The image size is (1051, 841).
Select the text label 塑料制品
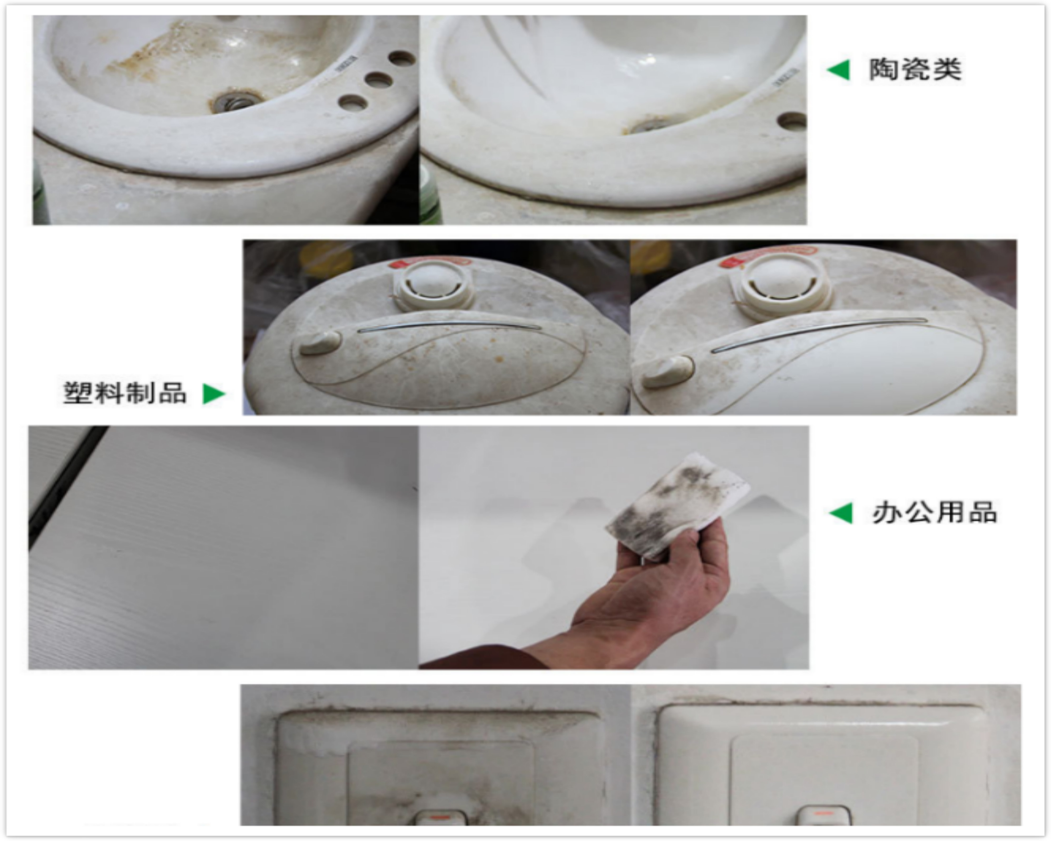[125, 393]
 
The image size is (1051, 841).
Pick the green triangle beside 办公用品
[841, 513]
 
